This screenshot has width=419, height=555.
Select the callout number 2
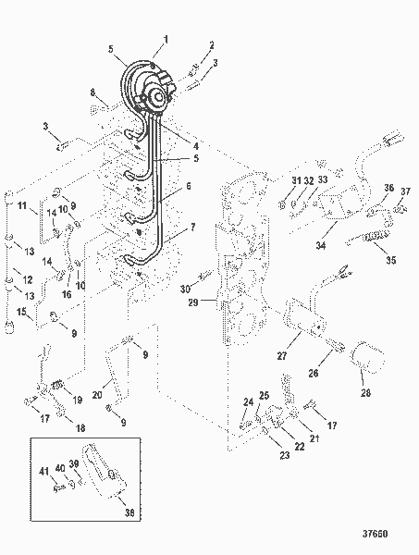pyautogui.click(x=211, y=44)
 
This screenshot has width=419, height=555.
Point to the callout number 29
pyautogui.click(x=191, y=302)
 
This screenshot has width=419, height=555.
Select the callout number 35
pyautogui.click(x=390, y=261)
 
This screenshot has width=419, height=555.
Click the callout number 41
pyautogui.click(x=43, y=471)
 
